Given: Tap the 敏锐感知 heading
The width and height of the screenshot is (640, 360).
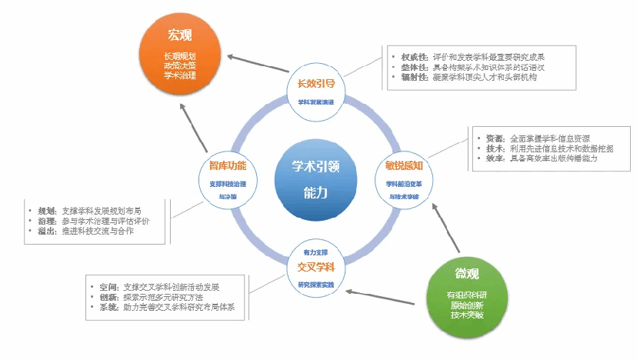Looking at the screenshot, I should [x=404, y=165].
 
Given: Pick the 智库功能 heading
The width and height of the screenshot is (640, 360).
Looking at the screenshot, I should [x=228, y=165].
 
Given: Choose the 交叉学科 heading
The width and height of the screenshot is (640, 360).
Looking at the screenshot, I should [x=315, y=267].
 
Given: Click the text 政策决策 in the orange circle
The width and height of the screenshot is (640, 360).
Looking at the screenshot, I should [x=180, y=65].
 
